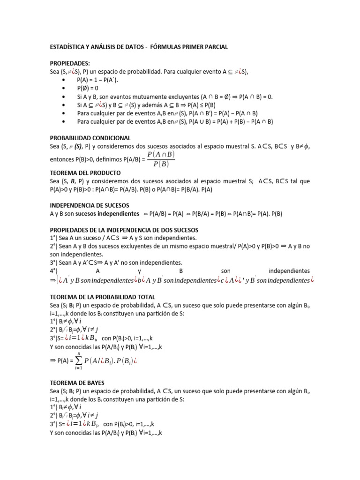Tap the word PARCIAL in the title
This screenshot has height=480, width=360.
(x=214, y=47)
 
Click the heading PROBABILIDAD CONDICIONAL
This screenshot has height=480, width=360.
(x=90, y=138)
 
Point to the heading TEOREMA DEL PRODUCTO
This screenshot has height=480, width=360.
(x=85, y=172)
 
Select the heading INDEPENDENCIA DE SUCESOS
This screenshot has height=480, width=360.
(x=89, y=205)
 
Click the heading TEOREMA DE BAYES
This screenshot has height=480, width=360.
(x=77, y=383)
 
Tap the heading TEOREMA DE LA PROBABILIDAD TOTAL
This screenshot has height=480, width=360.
(x=102, y=297)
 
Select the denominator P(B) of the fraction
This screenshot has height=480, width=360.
(x=161, y=164)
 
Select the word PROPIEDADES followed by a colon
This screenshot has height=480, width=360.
(x=69, y=63)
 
